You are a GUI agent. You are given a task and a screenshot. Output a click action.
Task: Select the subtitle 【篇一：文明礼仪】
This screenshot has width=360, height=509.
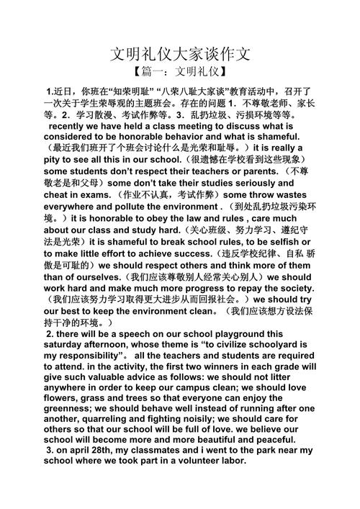tap(180, 72)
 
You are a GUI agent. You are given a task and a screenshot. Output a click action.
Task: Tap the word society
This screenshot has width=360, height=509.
tap(292, 287)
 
